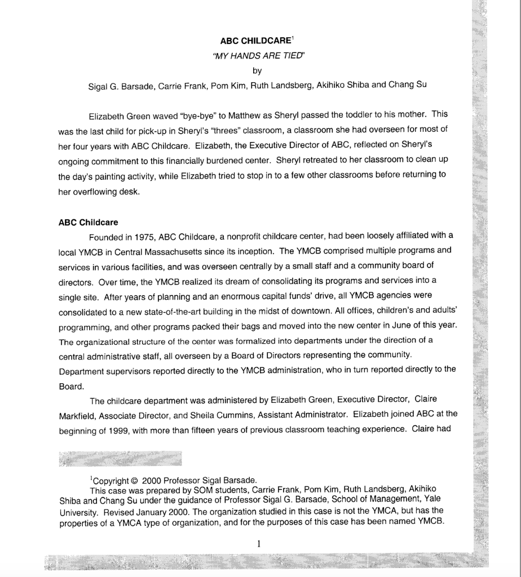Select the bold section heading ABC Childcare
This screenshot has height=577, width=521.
[88, 222]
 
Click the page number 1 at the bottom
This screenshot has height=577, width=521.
[259, 544]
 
